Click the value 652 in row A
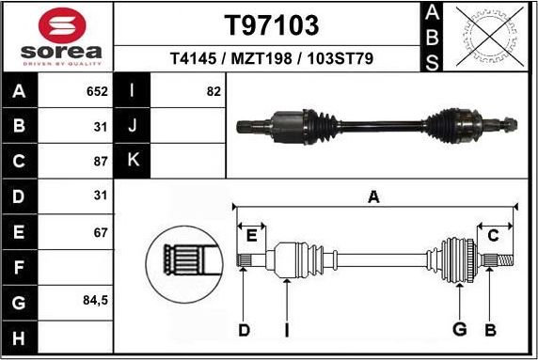pyautogui.click(x=97, y=92)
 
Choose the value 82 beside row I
pyautogui.click(x=213, y=92)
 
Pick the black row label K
pyautogui.click(x=132, y=160)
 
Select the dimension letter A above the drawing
pyautogui.click(x=373, y=196)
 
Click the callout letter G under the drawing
pyautogui.click(x=459, y=329)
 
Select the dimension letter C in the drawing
pyautogui.click(x=493, y=235)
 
